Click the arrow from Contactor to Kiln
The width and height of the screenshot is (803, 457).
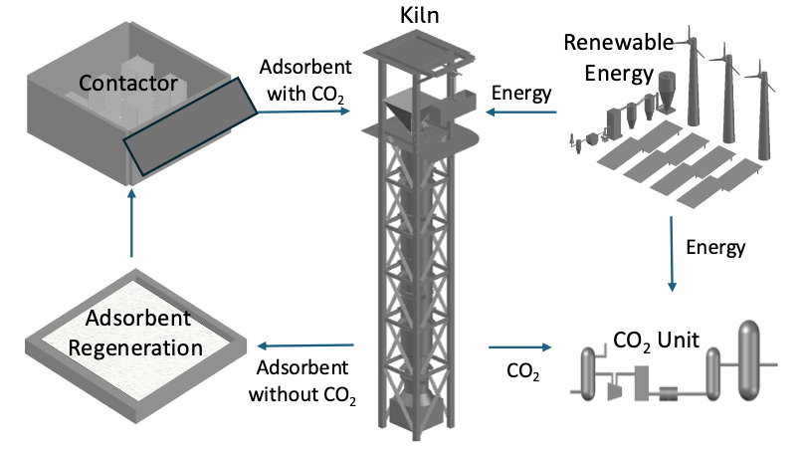pyautogui.click(x=302, y=112)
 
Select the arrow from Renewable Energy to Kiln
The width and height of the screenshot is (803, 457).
pyautogui.click(x=516, y=112)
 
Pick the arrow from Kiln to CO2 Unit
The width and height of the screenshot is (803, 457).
pyautogui.click(x=518, y=347)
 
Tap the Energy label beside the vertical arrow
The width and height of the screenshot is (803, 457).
pyautogui.click(x=715, y=245)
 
